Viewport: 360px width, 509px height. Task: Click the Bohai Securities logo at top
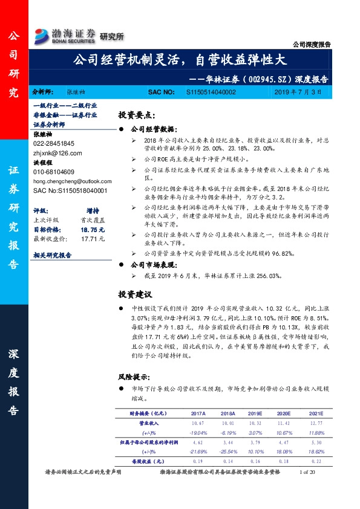click(x=65, y=34)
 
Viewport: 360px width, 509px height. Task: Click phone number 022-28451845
click(x=54, y=143)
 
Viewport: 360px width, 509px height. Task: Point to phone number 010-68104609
click(x=54, y=172)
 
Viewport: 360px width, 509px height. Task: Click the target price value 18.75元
click(x=93, y=230)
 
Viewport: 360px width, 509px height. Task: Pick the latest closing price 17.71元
click(x=93, y=239)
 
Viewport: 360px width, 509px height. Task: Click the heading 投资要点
click(x=137, y=115)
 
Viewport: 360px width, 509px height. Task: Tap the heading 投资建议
click(x=134, y=294)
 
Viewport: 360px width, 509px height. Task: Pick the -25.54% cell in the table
click(x=227, y=452)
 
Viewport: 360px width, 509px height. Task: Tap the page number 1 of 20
click(x=309, y=472)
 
